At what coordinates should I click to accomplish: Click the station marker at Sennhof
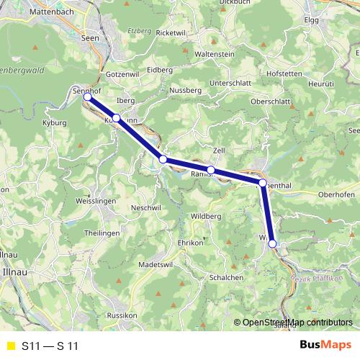[86, 96]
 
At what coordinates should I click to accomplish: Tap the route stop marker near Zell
[210, 170]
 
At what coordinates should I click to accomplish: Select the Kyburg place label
[55, 124]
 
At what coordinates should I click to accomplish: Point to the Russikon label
[121, 315]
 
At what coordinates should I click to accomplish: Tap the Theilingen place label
[102, 233]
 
